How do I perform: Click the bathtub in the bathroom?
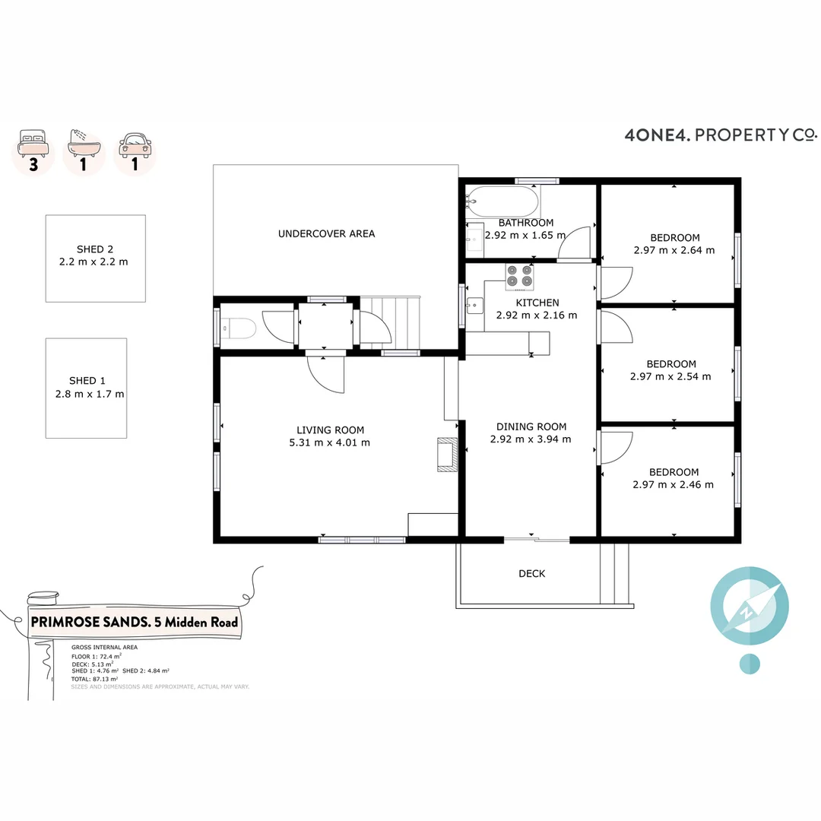point(502,202)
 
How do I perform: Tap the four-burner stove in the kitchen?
point(519,276)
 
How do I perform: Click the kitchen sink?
point(475,306)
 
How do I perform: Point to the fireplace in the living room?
point(446,455)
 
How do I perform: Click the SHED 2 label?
point(95,249)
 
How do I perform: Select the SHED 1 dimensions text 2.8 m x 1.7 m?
point(90,394)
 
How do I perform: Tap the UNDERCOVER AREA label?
point(326,233)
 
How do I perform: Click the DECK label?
point(531,573)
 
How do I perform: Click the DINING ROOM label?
point(531,426)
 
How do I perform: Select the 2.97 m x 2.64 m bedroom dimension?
point(674,249)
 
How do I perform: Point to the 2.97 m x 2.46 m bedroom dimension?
point(673,484)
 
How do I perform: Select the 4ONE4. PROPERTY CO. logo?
point(720,135)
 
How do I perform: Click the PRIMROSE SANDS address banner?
point(134,622)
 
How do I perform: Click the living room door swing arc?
point(327,376)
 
